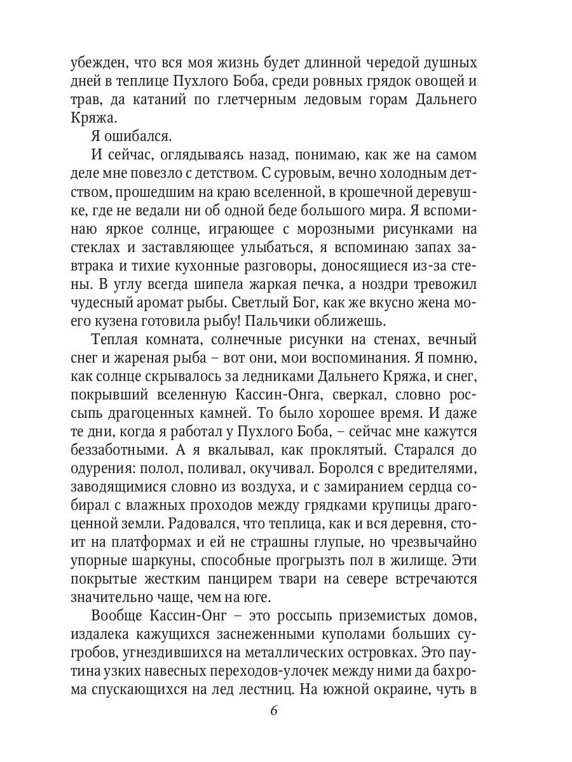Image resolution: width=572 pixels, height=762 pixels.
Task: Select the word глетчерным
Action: pos(264,100)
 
